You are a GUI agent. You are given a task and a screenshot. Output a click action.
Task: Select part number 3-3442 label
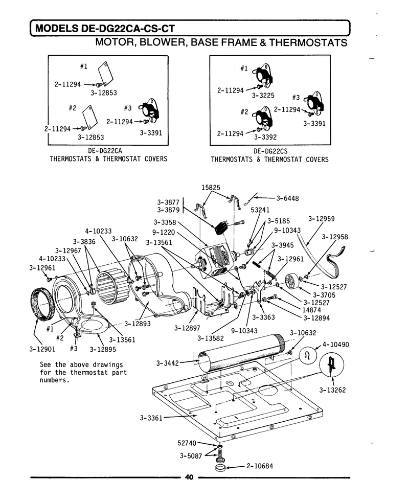[x=167, y=363]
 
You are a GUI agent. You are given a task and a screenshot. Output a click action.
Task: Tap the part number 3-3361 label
[x=151, y=418]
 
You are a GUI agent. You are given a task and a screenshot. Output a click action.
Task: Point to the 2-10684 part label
[x=260, y=466]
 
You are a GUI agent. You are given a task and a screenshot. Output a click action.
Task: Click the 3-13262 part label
[x=332, y=390]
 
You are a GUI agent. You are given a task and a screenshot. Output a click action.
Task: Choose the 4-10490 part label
[x=336, y=345]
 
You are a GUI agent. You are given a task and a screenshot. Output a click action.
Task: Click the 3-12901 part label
[x=42, y=349]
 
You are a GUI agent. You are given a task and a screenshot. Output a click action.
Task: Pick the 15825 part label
[x=211, y=187]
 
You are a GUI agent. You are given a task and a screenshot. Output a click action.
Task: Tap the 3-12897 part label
[x=187, y=328]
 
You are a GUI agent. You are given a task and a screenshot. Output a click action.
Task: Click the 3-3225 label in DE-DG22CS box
[x=263, y=96]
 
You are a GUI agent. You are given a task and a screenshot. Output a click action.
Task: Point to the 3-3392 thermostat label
[x=265, y=138]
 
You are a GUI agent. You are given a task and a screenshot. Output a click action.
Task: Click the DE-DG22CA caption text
[x=105, y=150]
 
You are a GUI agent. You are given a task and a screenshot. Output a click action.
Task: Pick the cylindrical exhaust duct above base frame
[x=241, y=352]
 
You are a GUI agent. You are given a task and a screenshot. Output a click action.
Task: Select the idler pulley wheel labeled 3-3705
[x=292, y=281]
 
